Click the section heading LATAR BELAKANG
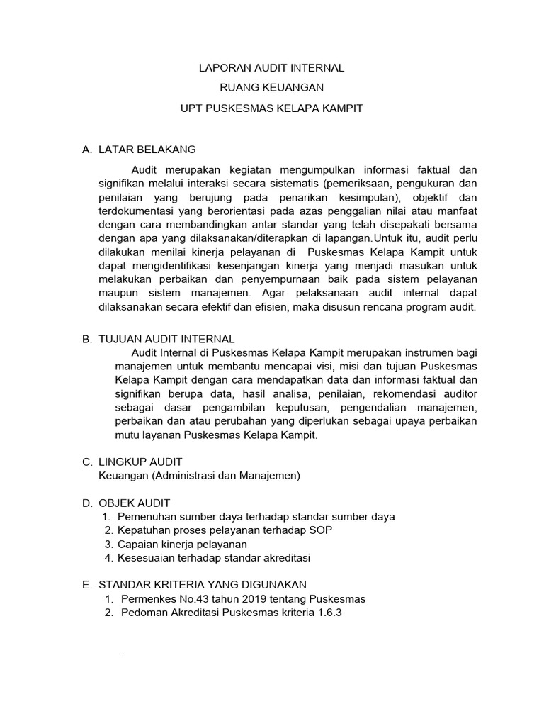147,150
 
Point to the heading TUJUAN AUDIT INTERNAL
166,340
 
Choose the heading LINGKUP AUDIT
140,462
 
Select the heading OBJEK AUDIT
134,503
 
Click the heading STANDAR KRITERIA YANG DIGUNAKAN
202,584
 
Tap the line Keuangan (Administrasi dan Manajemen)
199,476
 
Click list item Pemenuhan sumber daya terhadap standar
256,517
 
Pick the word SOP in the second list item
321,530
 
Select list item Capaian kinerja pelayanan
182,544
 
